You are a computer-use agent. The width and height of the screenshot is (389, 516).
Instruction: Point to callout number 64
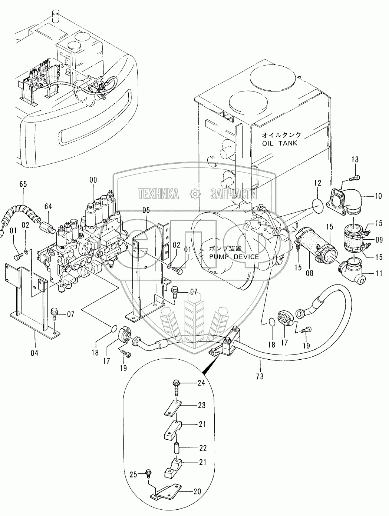tap(49, 206)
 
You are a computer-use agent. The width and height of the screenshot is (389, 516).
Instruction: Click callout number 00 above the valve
tap(93, 180)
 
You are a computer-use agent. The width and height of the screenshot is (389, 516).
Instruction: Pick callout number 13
tap(355, 160)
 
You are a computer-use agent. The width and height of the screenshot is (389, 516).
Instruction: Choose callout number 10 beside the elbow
tap(378, 196)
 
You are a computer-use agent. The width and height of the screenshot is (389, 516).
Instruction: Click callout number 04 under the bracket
tap(34, 353)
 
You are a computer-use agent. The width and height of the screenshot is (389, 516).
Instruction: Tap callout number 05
tap(146, 210)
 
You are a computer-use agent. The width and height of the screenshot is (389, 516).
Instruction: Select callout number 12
tap(318, 183)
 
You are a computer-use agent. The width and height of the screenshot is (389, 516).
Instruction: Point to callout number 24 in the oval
tap(201, 383)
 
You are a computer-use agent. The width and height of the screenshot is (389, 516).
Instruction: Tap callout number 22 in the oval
tap(202, 448)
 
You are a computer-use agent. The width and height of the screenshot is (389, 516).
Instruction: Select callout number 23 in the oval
tap(201, 405)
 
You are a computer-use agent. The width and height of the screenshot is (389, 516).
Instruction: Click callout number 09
tap(378, 240)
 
